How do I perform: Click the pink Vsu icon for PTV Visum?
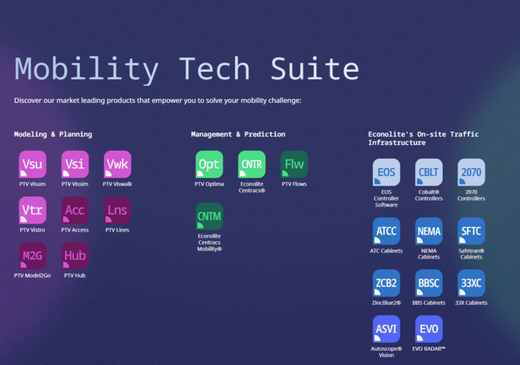tap(32, 165)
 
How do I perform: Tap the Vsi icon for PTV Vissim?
tap(75, 165)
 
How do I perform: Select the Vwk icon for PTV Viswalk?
tap(117, 165)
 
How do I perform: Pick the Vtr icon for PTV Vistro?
tap(32, 210)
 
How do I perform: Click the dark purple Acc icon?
tap(75, 210)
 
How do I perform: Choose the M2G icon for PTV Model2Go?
tap(32, 256)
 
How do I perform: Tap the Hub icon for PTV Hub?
tap(75, 256)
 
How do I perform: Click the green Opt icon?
tap(209, 165)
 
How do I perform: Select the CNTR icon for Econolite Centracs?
tap(252, 165)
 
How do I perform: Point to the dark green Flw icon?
tap(294, 165)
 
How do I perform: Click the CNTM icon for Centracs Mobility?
tap(209, 216)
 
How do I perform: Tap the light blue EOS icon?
tap(387, 172)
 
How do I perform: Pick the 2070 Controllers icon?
tap(471, 172)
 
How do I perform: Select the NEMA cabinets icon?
tap(429, 232)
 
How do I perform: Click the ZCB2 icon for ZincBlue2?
tap(387, 283)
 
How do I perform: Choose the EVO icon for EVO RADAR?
tap(429, 329)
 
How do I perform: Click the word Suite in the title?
tap(315, 68)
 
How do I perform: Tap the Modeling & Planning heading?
tap(53, 134)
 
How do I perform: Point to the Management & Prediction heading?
tap(238, 134)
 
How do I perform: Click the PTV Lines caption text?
tap(117, 230)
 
